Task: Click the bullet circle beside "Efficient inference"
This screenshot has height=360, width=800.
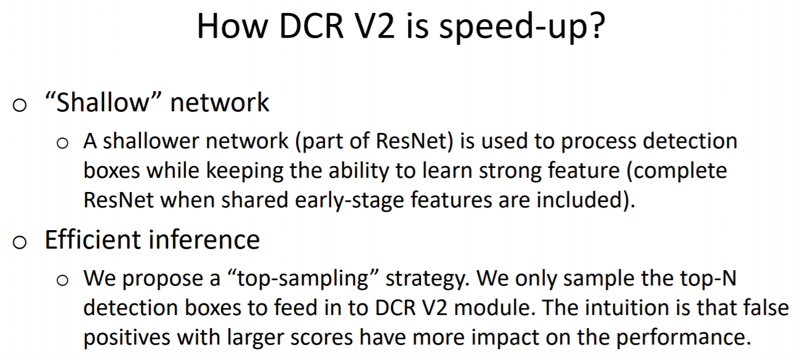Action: (x=20, y=241)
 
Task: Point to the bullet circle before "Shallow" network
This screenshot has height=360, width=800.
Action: (x=20, y=105)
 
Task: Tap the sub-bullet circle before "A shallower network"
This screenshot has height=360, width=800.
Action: (x=62, y=143)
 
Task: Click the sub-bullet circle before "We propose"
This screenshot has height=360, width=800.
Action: (x=62, y=281)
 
